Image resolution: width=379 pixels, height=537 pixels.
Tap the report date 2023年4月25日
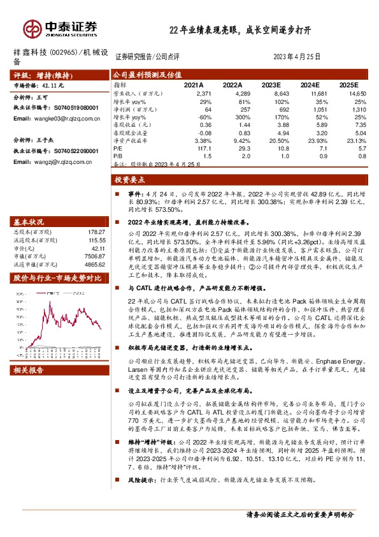click(296, 57)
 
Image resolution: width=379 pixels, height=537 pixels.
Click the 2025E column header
click(348, 84)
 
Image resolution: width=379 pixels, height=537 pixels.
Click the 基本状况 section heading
click(29, 222)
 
